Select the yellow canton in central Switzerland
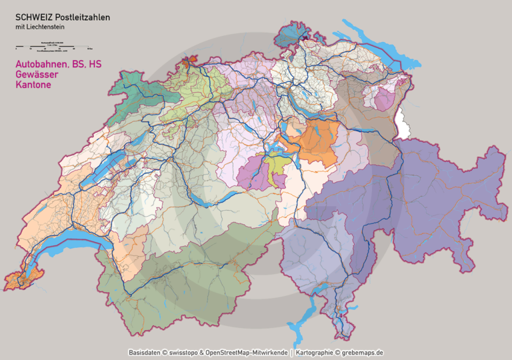(x=276, y=164)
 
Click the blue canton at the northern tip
(x=291, y=33)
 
